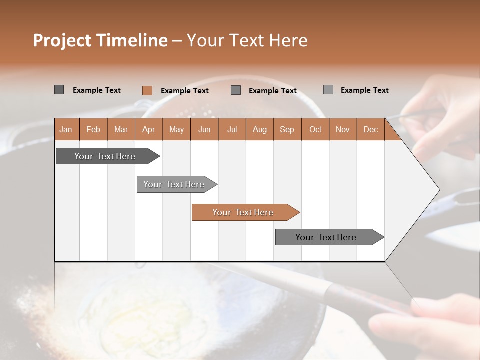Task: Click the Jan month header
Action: (66, 130)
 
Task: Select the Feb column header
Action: (93, 130)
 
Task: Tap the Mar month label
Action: (121, 130)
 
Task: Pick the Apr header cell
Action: (149, 130)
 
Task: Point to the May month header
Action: (176, 130)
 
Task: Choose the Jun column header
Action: (204, 130)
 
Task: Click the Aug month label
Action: (260, 130)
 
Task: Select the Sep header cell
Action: (287, 130)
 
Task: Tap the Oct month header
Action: (315, 130)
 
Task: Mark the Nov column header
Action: (343, 130)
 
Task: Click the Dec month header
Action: (371, 130)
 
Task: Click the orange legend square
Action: (147, 90)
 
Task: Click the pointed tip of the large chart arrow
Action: (438, 190)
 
